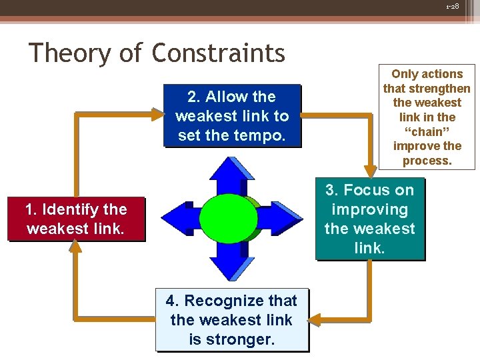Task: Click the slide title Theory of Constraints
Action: tap(157, 53)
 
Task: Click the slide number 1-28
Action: tap(453, 6)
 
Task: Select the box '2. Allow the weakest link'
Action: tap(232, 116)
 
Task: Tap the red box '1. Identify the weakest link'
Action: tap(76, 219)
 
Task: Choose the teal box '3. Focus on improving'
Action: tap(369, 219)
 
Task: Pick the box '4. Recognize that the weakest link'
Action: tap(231, 320)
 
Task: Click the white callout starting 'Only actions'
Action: tap(427, 117)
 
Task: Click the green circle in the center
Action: tap(229, 219)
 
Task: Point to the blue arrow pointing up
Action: tap(231, 175)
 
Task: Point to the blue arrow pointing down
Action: tap(231, 263)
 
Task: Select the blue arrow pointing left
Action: tap(180, 219)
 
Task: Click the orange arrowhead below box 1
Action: tap(76, 247)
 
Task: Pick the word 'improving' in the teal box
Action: tap(369, 209)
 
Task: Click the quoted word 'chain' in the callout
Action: tap(427, 131)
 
